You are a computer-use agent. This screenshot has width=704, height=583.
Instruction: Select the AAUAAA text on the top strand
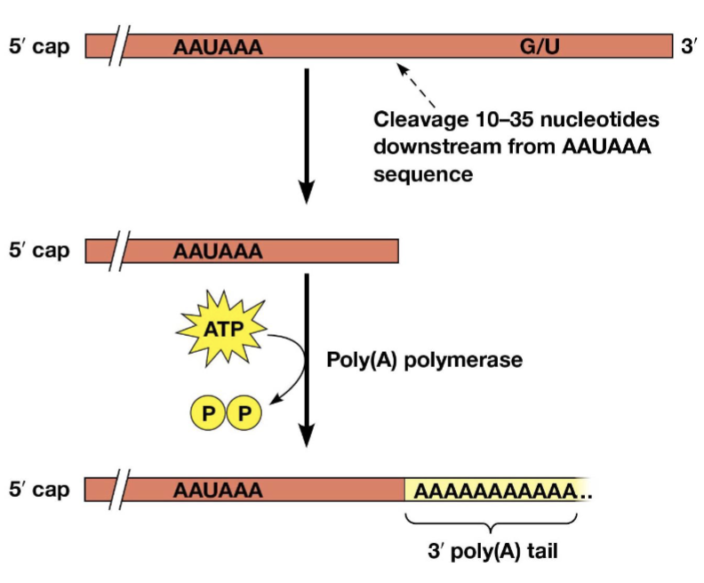(219, 46)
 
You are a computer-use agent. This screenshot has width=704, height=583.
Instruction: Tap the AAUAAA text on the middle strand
(219, 252)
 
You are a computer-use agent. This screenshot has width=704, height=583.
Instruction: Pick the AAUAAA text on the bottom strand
(219, 490)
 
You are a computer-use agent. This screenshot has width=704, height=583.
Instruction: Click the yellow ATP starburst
(222, 329)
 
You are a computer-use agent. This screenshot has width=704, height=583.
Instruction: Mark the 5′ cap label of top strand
(39, 45)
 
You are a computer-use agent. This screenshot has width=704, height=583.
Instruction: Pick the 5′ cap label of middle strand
(39, 251)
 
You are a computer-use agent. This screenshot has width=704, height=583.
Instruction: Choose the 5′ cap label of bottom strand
(39, 489)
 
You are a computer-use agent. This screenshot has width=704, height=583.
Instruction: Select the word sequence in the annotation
(423, 173)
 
